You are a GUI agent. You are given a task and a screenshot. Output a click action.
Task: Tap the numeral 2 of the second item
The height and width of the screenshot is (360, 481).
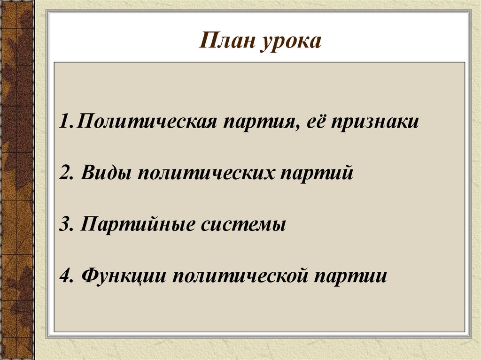(x=64, y=174)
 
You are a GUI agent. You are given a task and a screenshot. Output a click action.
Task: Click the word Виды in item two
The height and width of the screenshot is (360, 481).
(x=106, y=174)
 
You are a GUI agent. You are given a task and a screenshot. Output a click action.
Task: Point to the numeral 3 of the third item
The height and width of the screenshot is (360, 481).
(x=64, y=224)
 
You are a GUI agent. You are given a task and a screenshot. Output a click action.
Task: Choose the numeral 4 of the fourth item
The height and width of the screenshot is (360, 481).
(x=65, y=275)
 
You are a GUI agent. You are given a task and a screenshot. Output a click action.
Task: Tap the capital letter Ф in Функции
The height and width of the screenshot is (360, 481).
(x=89, y=275)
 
